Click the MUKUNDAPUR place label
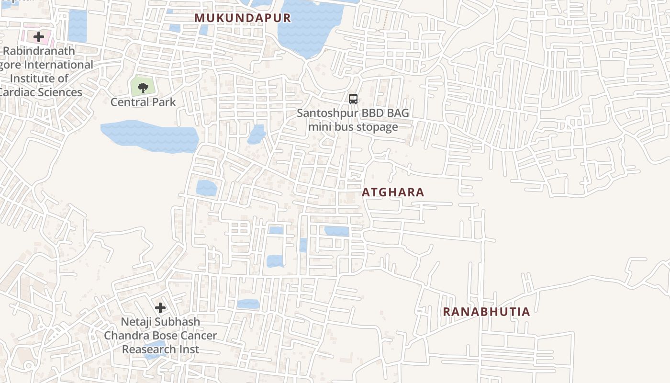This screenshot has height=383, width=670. [x=242, y=18]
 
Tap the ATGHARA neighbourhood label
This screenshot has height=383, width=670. [x=393, y=192]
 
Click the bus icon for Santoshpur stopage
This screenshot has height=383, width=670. [x=353, y=99]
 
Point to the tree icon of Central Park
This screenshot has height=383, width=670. [x=143, y=87]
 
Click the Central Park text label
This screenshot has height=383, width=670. [x=143, y=102]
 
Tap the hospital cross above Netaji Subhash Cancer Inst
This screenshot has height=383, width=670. [x=160, y=307]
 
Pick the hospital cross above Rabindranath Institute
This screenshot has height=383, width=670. [x=39, y=36]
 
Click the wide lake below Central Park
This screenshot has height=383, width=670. [x=149, y=136]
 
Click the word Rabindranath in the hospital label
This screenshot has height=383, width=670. [x=39, y=51]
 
